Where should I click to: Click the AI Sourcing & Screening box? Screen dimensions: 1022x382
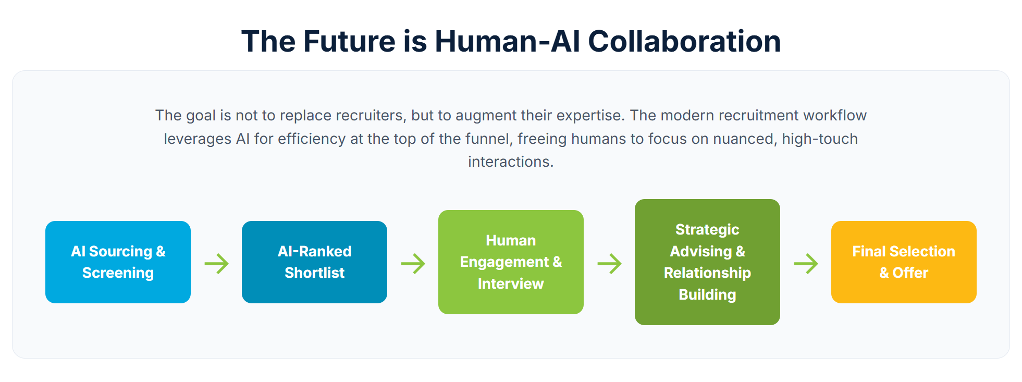click(x=118, y=262)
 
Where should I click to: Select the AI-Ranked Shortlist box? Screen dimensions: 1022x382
click(x=314, y=262)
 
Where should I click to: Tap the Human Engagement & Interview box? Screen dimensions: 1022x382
click(x=511, y=262)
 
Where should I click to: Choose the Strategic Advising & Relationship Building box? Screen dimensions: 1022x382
click(x=707, y=262)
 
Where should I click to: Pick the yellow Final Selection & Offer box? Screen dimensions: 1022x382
click(x=904, y=262)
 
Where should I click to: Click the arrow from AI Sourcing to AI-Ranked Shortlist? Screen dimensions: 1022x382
click(x=216, y=264)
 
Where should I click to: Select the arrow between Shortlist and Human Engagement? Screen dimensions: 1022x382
click(x=413, y=264)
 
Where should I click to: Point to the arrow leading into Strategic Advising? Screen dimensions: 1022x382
click(x=609, y=264)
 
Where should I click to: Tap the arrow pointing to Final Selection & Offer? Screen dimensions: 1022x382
click(x=806, y=264)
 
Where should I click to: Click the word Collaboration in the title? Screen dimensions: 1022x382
click(x=684, y=41)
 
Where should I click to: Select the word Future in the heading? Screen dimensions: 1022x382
click(x=349, y=41)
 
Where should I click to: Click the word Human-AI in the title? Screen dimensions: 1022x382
click(x=507, y=41)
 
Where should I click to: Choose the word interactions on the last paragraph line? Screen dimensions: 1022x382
click(x=511, y=162)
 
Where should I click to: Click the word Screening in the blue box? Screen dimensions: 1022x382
click(x=118, y=273)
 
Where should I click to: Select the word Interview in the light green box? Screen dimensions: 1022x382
click(x=511, y=284)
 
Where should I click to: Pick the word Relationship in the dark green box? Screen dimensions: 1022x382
click(x=707, y=273)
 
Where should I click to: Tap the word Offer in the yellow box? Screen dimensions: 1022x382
click(x=910, y=273)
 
